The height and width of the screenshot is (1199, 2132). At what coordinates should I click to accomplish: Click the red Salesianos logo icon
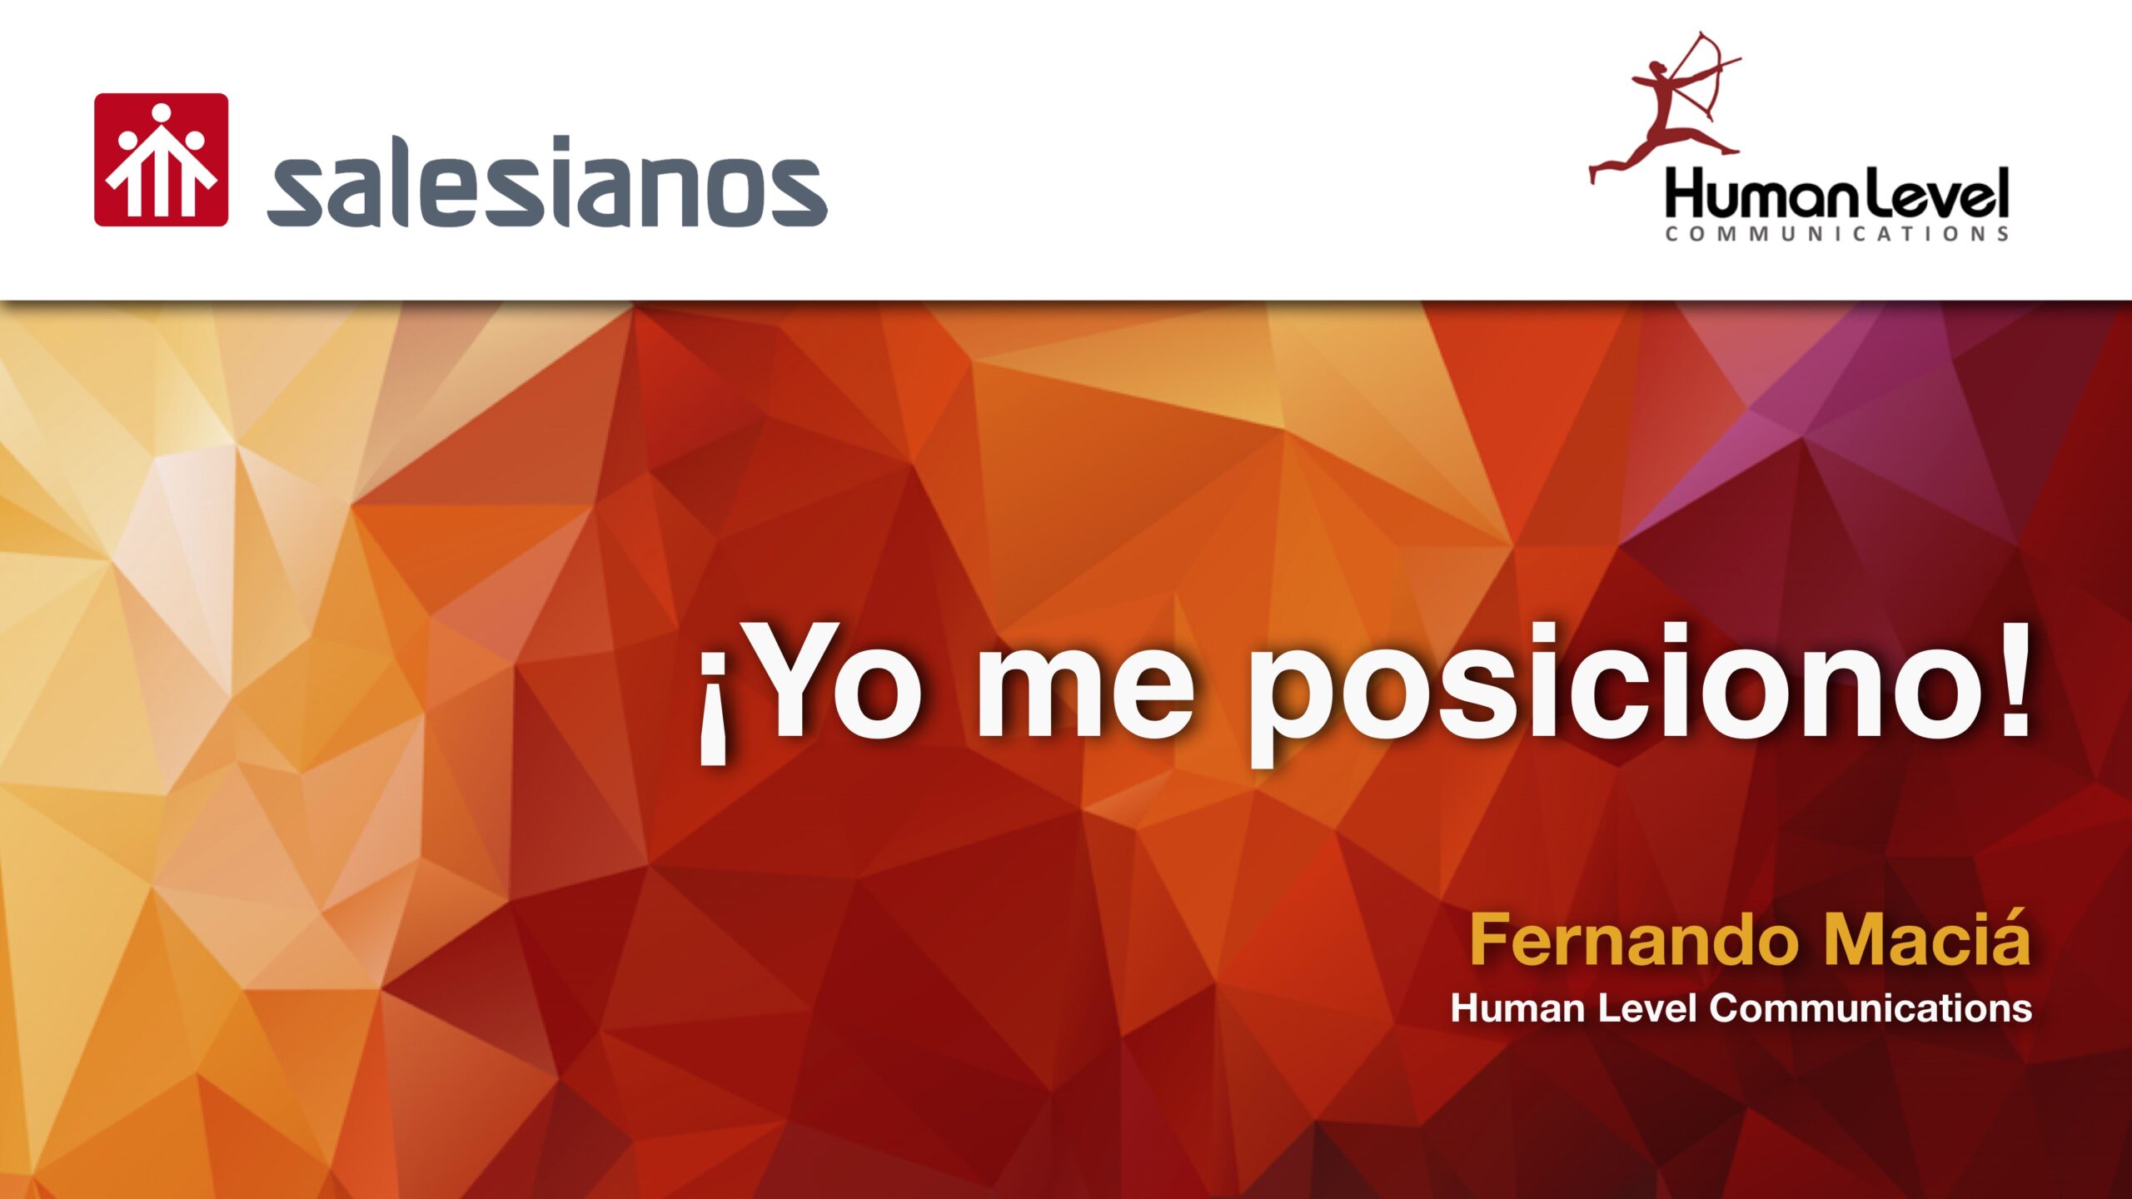(161, 160)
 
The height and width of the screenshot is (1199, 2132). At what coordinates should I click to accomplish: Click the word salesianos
(546, 183)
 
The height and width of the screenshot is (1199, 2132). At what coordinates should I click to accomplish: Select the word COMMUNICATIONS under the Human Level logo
(1836, 234)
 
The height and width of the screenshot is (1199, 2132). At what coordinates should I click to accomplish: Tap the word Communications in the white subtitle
(1870, 1008)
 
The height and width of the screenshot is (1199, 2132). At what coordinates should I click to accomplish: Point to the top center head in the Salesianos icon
(162, 112)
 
